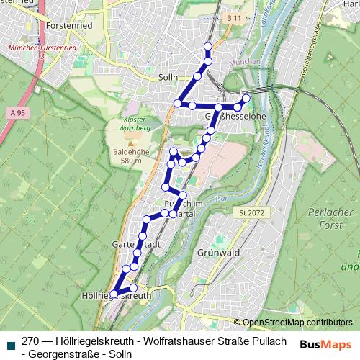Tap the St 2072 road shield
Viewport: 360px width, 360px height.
tap(253, 212)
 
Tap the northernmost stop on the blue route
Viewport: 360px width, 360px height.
tap(208, 47)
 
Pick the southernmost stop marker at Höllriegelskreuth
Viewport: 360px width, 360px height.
tap(113, 293)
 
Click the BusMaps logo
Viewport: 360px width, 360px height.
tap(326, 344)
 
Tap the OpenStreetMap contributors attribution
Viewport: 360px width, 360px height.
tap(297, 323)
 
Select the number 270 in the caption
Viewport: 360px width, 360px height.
tap(31, 341)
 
